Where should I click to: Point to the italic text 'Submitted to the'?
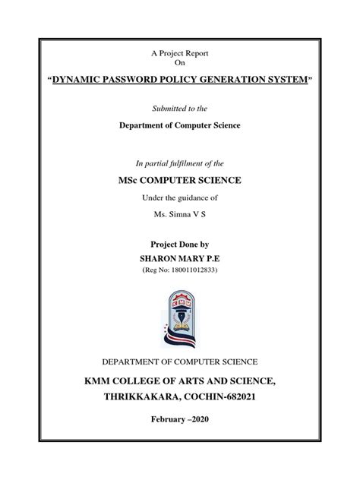[179, 109]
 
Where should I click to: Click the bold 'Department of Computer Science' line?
[179, 124]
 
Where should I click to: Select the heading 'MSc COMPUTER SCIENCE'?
[179, 180]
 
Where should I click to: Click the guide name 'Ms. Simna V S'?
[179, 215]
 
